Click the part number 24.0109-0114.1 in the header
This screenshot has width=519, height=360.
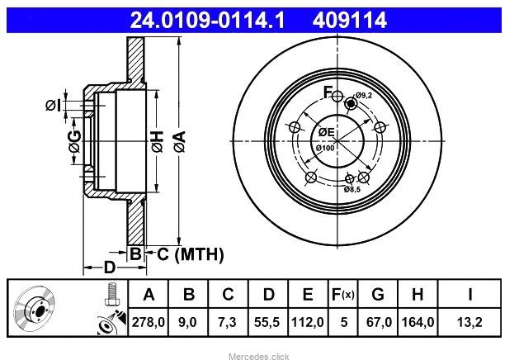(x=208, y=20)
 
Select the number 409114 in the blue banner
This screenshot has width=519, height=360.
(x=350, y=20)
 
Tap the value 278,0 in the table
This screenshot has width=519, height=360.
(x=149, y=322)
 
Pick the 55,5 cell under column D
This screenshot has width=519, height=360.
(x=267, y=322)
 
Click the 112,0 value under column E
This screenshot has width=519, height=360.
(x=308, y=322)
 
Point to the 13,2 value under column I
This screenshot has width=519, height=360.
(x=469, y=322)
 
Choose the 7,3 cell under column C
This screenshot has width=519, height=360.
(x=227, y=322)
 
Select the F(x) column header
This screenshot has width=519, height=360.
(x=343, y=294)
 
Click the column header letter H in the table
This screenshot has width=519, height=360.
(x=418, y=294)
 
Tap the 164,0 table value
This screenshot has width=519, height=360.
(x=418, y=322)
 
